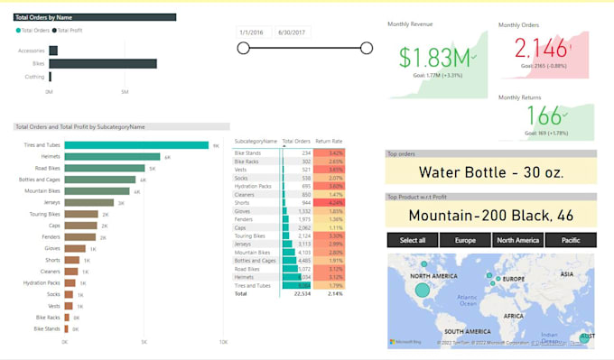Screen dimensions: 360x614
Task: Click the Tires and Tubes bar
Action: (x=135, y=144)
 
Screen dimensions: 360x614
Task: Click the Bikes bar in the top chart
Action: (x=103, y=63)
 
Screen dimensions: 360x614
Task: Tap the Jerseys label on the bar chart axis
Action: (x=50, y=202)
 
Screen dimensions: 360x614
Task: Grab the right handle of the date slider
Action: (x=366, y=49)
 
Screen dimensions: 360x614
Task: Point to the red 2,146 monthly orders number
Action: (x=540, y=48)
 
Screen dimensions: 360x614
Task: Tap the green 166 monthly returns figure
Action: (x=544, y=115)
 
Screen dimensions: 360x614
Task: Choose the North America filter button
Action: (x=517, y=240)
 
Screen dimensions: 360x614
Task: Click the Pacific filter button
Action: (x=570, y=240)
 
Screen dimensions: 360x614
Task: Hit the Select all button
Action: (x=413, y=240)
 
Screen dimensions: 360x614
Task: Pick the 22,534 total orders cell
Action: (x=297, y=294)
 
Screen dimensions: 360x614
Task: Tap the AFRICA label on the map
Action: (x=513, y=317)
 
